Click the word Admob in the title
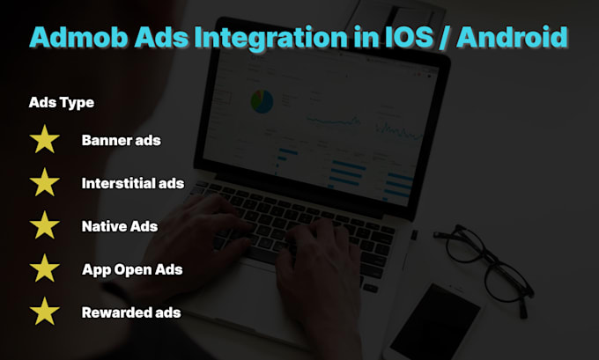78,37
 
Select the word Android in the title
512,37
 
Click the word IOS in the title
406,37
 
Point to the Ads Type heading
61,103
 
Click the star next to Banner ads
45,139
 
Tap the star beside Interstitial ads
45,182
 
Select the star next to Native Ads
45,225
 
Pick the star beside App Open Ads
45,268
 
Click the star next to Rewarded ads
45,312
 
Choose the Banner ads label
121,140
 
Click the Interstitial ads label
133,183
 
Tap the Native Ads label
120,226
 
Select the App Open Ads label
132,270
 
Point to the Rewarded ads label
131,312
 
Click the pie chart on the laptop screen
263,101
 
